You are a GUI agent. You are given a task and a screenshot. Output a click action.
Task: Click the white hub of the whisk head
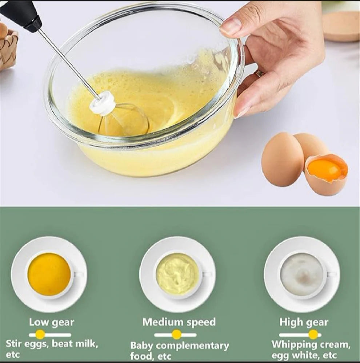(103, 103)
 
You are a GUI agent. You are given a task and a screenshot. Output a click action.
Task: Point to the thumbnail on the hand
(232, 26)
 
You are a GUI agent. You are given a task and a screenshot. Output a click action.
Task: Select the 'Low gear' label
(51, 322)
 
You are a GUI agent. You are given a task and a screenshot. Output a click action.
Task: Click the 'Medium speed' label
(179, 322)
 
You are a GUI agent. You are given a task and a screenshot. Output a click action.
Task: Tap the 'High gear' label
(304, 322)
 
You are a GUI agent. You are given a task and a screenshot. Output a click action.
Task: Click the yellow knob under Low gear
(40, 335)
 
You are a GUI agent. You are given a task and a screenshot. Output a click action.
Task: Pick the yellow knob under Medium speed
(177, 335)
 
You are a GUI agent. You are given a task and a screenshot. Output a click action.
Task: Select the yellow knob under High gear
(313, 335)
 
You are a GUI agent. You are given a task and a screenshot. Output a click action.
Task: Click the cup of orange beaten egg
(49, 274)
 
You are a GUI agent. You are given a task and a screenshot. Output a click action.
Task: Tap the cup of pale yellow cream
(177, 274)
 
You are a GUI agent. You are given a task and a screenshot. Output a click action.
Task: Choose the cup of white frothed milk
(303, 274)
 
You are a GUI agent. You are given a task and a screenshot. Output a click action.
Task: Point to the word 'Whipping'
(294, 344)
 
